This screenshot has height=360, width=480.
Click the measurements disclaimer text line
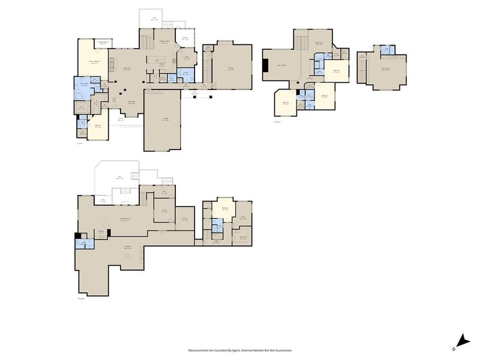pos(239,349)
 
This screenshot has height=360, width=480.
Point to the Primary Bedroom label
pos(94,61)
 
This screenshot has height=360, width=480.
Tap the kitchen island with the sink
pos(157,60)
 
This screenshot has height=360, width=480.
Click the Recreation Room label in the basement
pos(125,220)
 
